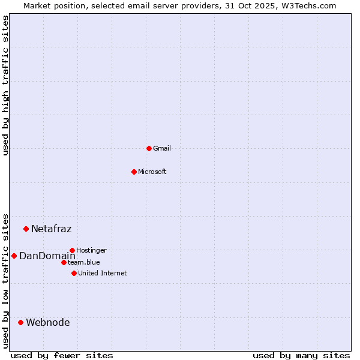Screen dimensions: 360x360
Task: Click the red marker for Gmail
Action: [x=149, y=148]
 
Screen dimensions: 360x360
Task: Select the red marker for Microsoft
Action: [x=134, y=172]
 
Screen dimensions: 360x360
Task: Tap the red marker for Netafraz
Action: [x=26, y=229]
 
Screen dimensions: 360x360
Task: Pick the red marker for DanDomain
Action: [x=14, y=256]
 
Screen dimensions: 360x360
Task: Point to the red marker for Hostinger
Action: [x=72, y=250]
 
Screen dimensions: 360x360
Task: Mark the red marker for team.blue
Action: [x=64, y=262]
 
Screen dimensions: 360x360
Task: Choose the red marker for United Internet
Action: [x=74, y=273]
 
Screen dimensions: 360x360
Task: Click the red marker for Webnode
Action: [x=20, y=322]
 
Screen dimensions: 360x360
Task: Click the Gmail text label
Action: [x=162, y=148]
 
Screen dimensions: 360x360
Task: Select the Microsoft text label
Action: [x=152, y=172]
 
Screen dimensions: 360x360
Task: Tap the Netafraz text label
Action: [x=52, y=229]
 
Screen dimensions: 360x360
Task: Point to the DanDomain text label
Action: [x=47, y=256]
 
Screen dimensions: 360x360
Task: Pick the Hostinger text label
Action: [x=92, y=250]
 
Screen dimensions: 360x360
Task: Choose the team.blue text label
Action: [x=84, y=262]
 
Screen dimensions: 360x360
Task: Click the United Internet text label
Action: [x=103, y=273]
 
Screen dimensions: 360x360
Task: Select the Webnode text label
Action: [x=48, y=322]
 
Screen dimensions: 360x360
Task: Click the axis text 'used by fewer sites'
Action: [x=62, y=355]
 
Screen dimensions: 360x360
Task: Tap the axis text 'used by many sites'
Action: [x=301, y=355]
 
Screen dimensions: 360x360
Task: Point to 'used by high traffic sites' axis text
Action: [x=5, y=85]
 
